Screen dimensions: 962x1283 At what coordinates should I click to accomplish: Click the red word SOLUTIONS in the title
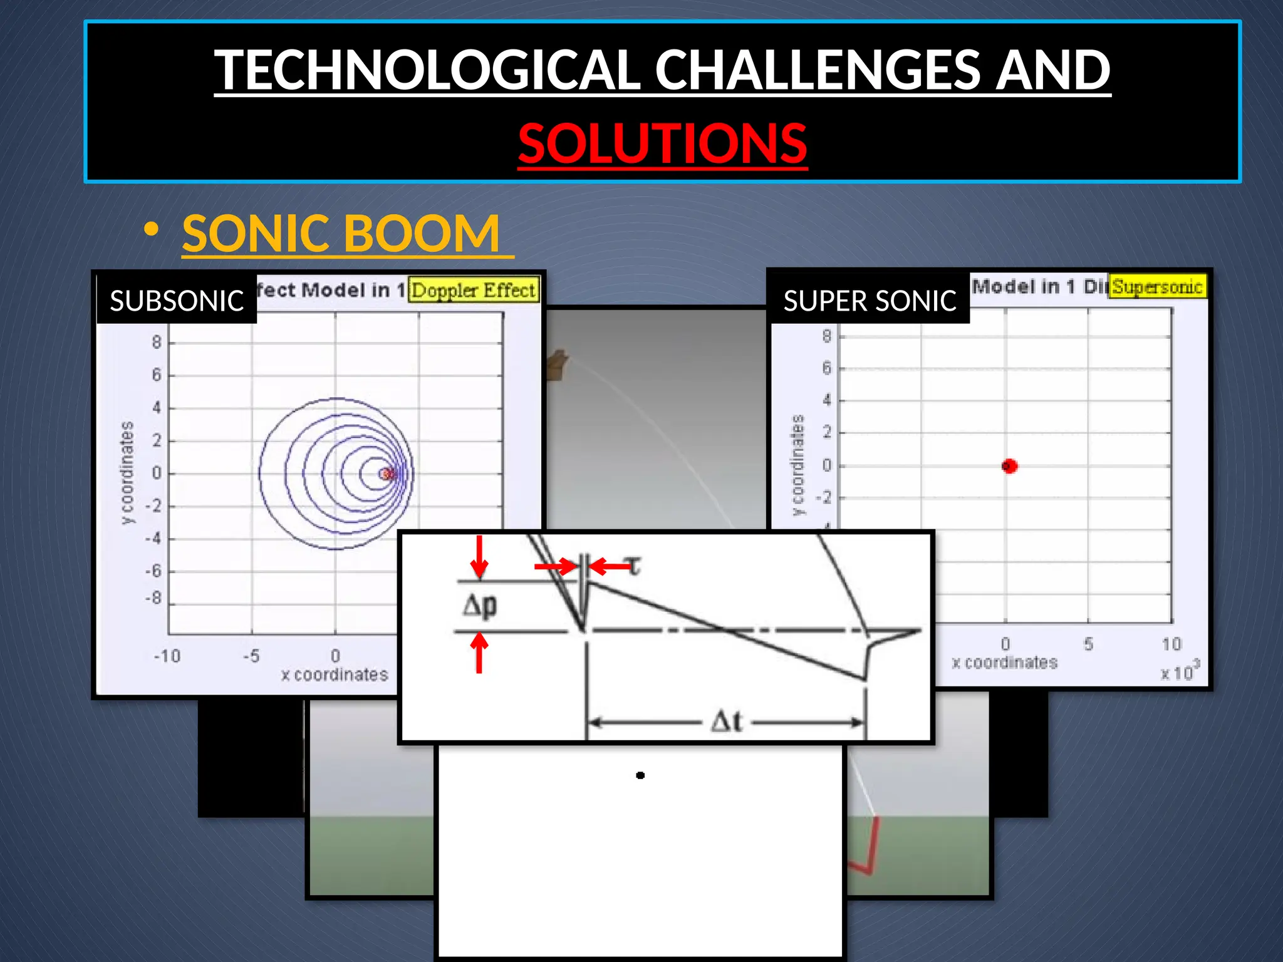point(662,144)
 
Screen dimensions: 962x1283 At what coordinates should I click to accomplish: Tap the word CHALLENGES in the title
point(819,70)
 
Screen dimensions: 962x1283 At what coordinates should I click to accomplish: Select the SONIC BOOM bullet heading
point(341,233)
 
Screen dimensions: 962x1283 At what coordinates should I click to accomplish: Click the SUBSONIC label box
point(177,301)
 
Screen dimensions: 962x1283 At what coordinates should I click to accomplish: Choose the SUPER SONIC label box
point(870,301)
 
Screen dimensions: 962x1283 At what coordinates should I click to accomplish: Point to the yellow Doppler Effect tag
point(473,290)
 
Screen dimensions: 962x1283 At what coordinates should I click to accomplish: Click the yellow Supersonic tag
point(1156,287)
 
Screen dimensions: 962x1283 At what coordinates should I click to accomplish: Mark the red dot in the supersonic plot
point(1009,466)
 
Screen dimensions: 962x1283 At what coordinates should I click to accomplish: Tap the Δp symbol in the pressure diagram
point(480,606)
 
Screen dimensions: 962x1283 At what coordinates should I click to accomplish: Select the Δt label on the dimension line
point(727,721)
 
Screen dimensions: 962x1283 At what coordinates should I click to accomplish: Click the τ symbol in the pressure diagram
point(634,566)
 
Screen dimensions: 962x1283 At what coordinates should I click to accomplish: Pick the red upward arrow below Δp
point(479,651)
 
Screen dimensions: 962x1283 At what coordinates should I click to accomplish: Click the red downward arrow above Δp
point(479,556)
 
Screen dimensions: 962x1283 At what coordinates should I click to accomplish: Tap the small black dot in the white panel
point(640,775)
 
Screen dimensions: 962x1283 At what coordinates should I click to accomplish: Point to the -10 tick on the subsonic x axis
point(167,656)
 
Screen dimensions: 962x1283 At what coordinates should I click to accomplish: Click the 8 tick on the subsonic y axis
point(156,342)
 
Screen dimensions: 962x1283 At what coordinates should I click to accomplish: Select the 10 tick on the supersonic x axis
point(1171,644)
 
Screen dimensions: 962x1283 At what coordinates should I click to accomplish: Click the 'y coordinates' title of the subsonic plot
point(128,473)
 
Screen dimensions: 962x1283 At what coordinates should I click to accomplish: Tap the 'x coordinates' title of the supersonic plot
point(1004,663)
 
